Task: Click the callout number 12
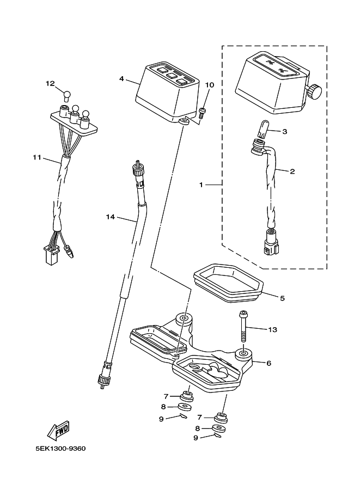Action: tap(50, 84)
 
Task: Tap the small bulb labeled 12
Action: tap(66, 95)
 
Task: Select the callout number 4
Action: tap(121, 78)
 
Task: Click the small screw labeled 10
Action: tap(202, 113)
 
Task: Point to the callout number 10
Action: tap(210, 85)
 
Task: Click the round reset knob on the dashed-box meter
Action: tap(314, 91)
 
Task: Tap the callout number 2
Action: tap(292, 171)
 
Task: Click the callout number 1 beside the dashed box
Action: tap(201, 185)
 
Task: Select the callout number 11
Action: tap(37, 157)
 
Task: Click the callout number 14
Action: tap(110, 217)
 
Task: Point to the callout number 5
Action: tap(282, 298)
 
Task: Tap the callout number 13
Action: tap(272, 330)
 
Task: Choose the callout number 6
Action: tap(269, 363)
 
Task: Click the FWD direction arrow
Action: tap(58, 430)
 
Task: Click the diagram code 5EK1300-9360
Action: tap(60, 449)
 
